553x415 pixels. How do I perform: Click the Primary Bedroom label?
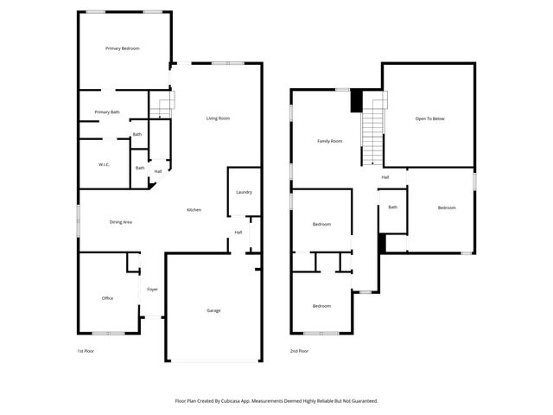click(123, 48)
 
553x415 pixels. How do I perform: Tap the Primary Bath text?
click(107, 112)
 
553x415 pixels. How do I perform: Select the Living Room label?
click(218, 118)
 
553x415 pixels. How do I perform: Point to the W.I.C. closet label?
click(103, 164)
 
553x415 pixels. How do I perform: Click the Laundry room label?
click(243, 191)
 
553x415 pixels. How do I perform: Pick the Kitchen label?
click(195, 210)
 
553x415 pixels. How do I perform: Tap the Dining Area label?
click(120, 222)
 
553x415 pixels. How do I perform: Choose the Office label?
click(107, 298)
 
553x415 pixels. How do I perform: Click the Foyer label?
click(152, 289)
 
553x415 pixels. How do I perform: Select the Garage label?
click(213, 310)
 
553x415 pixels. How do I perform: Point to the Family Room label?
click(329, 141)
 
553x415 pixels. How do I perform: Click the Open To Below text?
click(429, 118)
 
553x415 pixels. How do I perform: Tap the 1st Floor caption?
click(86, 351)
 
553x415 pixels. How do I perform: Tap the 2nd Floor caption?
click(299, 351)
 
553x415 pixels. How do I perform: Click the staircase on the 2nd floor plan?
click(371, 130)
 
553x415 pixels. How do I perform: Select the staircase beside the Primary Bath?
click(162, 106)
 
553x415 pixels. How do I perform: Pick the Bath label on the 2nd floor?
click(392, 207)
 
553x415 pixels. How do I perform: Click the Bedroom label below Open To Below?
click(446, 207)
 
